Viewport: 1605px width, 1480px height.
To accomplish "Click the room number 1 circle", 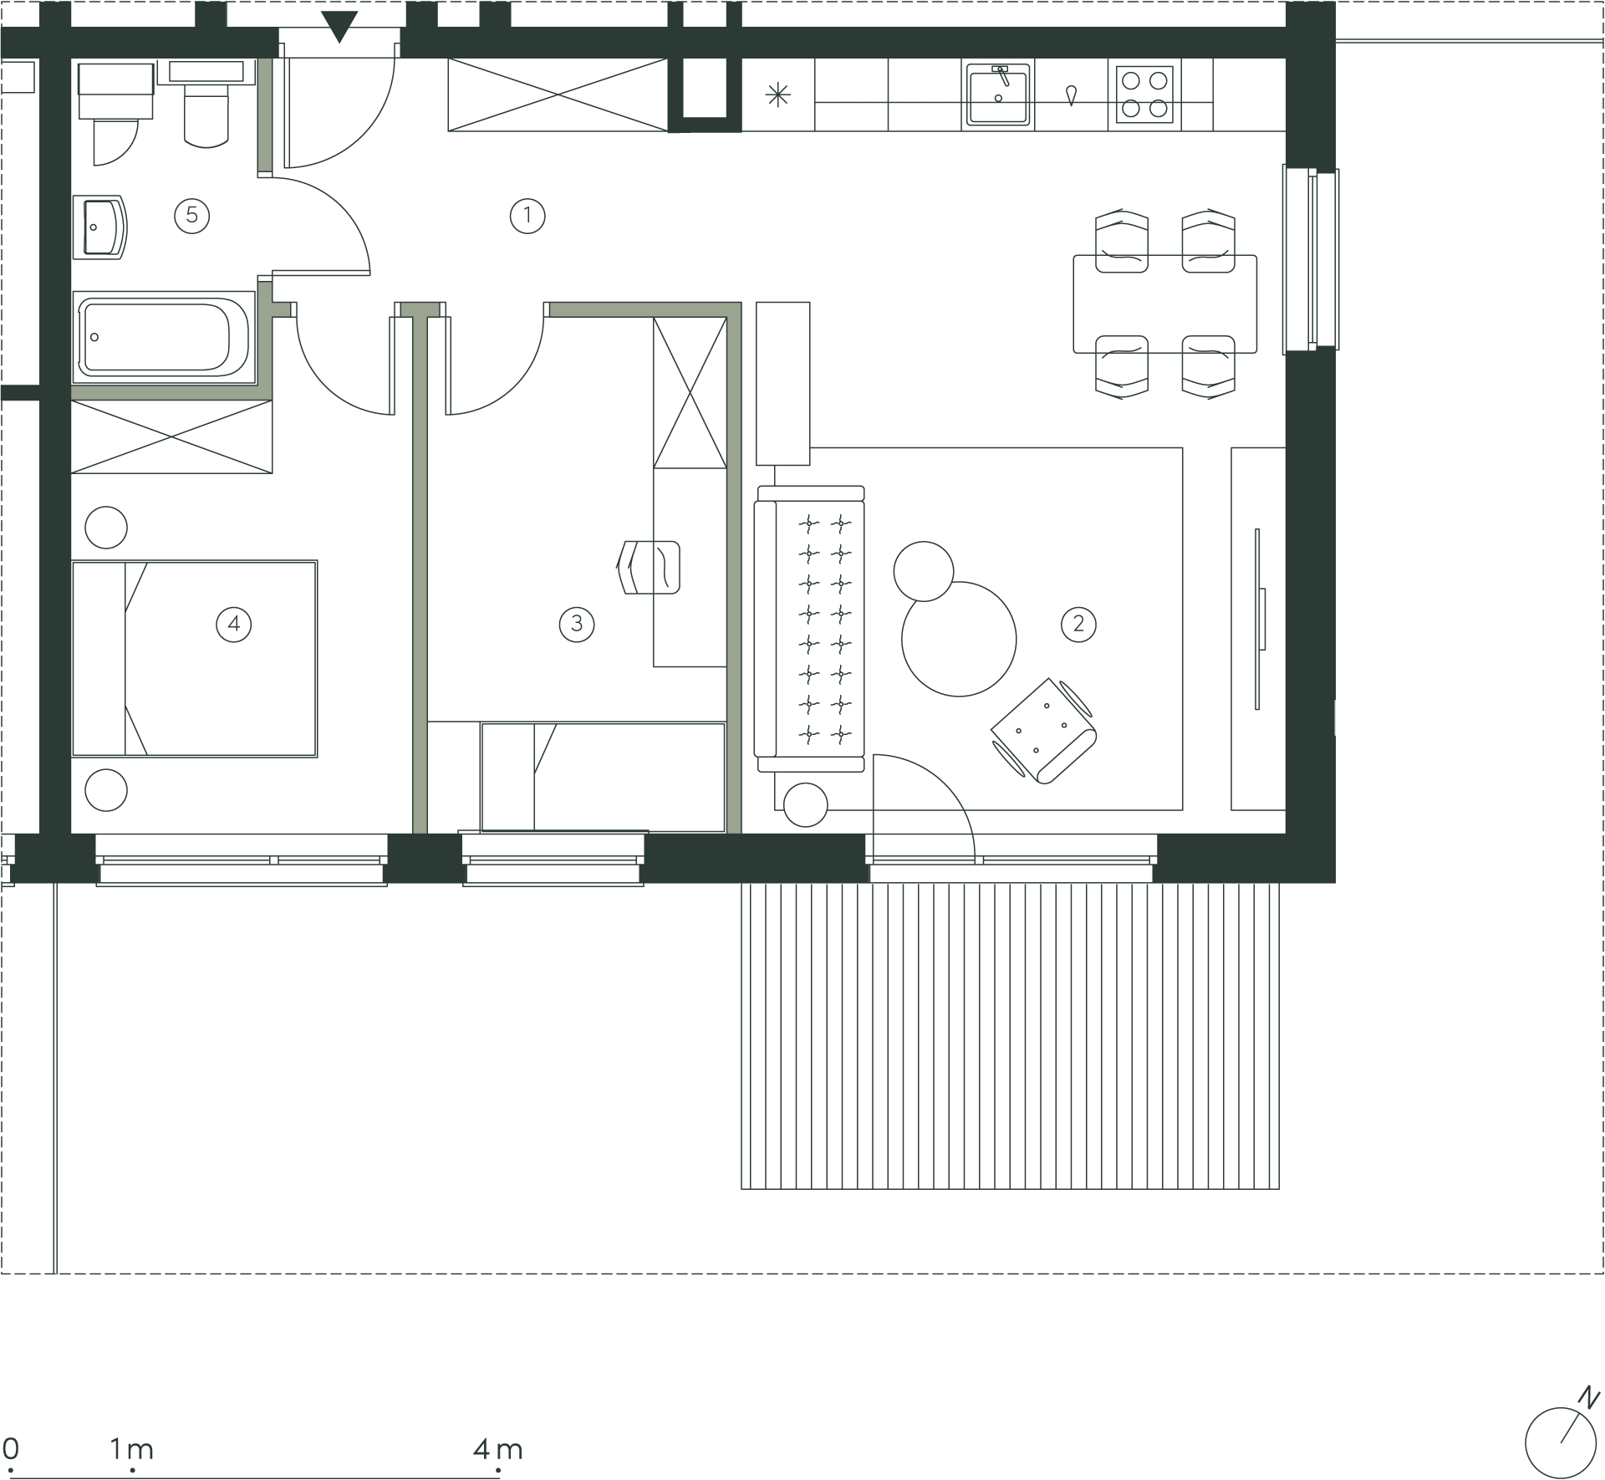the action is [527, 216].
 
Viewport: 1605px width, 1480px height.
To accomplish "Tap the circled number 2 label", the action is [1078, 624].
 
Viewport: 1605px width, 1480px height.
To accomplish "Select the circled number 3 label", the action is [577, 624].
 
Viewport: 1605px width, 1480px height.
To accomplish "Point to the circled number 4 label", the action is [234, 624].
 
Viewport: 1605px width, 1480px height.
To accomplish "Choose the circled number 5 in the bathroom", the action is [192, 216].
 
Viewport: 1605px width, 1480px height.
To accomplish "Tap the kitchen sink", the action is [999, 94].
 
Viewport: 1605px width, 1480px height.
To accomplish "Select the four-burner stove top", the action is [1144, 94].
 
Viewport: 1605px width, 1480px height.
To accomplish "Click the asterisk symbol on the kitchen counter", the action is [778, 95].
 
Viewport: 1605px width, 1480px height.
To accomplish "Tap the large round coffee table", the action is [959, 639].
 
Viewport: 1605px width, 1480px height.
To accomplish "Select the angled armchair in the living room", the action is [1045, 730].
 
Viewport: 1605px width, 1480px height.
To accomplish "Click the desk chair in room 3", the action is [649, 567].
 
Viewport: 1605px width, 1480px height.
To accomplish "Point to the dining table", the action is [1165, 304].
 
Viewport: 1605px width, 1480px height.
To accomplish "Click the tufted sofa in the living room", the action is [809, 629].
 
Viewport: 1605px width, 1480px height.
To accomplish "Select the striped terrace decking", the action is [1011, 1036].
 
